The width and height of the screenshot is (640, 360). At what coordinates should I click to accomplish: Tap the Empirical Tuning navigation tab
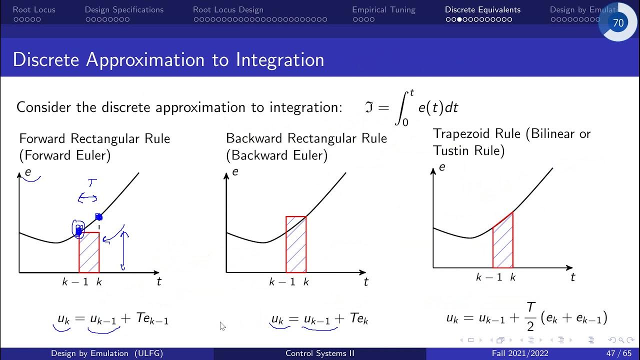pos(383,9)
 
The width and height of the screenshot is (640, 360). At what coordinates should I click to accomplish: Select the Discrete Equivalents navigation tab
pos(482,9)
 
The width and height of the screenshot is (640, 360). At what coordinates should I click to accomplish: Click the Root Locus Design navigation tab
pos(228,9)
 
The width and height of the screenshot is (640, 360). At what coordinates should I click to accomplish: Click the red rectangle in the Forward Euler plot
pos(89,252)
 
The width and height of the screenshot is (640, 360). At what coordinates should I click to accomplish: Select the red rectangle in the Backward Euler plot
pos(296,245)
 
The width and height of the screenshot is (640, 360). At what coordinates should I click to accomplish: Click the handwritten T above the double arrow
pos(91,183)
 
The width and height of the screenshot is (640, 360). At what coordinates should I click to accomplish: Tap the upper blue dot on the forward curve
pos(98,217)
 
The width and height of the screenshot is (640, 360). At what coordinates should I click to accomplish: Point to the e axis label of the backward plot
pos(235,171)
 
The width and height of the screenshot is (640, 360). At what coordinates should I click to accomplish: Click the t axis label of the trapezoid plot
pos(573,276)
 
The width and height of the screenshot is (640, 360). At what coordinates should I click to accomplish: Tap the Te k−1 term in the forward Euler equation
pos(152,319)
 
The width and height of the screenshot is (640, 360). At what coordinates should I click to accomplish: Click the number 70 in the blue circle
pos(618,23)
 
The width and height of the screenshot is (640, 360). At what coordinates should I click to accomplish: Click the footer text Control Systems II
pos(319,353)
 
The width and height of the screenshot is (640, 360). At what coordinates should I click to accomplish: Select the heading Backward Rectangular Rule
pos(306,138)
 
